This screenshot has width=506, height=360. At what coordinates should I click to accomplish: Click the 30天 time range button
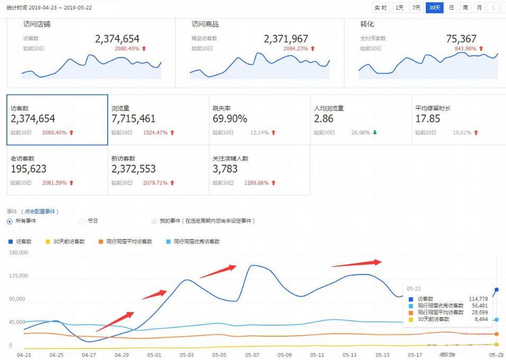point(435,7)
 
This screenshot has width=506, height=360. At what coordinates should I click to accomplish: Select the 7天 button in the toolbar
point(417,7)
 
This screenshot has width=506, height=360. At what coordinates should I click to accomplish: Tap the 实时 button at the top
point(380,7)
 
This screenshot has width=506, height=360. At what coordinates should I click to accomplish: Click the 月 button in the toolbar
point(479,7)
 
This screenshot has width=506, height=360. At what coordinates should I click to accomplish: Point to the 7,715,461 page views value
point(133,119)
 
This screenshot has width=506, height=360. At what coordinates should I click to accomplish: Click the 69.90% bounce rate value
point(230,119)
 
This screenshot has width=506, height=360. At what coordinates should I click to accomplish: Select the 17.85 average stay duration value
point(427,119)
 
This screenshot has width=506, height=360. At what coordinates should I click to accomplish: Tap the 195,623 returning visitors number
point(28,169)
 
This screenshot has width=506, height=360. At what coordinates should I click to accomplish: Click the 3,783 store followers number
point(225,169)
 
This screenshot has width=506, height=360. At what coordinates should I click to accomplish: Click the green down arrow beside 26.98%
point(375,132)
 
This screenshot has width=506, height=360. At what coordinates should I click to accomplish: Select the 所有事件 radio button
point(9,221)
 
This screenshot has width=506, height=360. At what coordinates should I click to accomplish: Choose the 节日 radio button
point(82,221)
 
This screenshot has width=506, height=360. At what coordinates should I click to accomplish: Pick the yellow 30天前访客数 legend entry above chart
point(65,241)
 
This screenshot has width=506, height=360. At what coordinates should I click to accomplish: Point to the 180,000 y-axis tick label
point(18,253)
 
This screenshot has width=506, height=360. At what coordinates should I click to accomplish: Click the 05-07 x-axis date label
point(252,355)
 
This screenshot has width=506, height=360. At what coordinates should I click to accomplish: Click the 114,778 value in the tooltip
point(478,299)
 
